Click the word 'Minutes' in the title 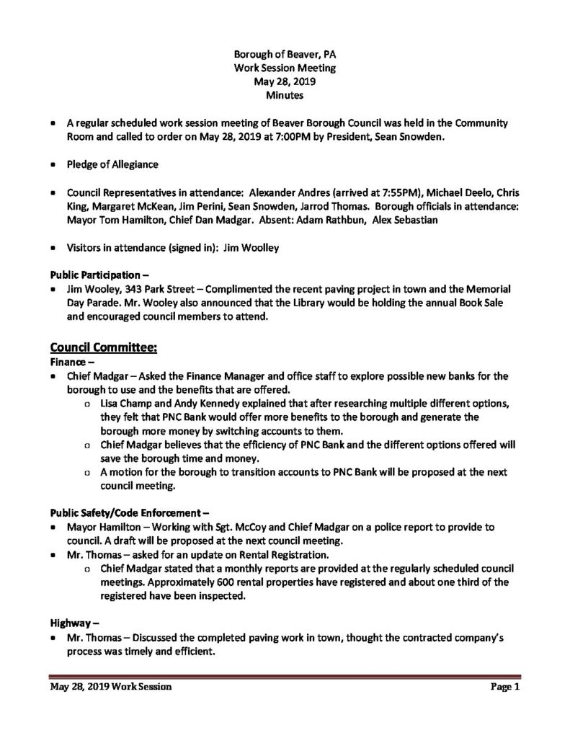point(285,94)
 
